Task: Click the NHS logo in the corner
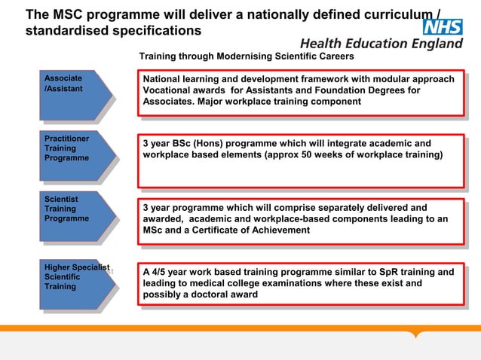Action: (x=442, y=28)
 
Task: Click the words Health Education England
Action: (x=381, y=44)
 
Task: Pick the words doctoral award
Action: (x=223, y=294)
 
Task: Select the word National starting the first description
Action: (x=163, y=79)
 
